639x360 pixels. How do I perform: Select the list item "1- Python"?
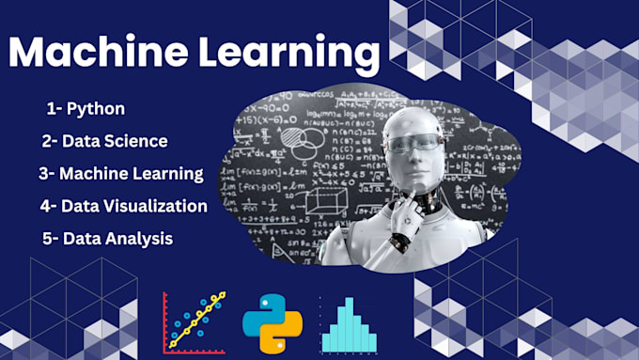tap(86, 108)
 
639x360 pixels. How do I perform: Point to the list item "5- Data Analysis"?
tap(107, 238)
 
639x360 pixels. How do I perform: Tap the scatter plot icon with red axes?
tap(195, 322)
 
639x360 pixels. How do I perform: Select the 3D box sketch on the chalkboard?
tap(324, 201)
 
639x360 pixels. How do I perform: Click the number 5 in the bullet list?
tap(47, 238)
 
